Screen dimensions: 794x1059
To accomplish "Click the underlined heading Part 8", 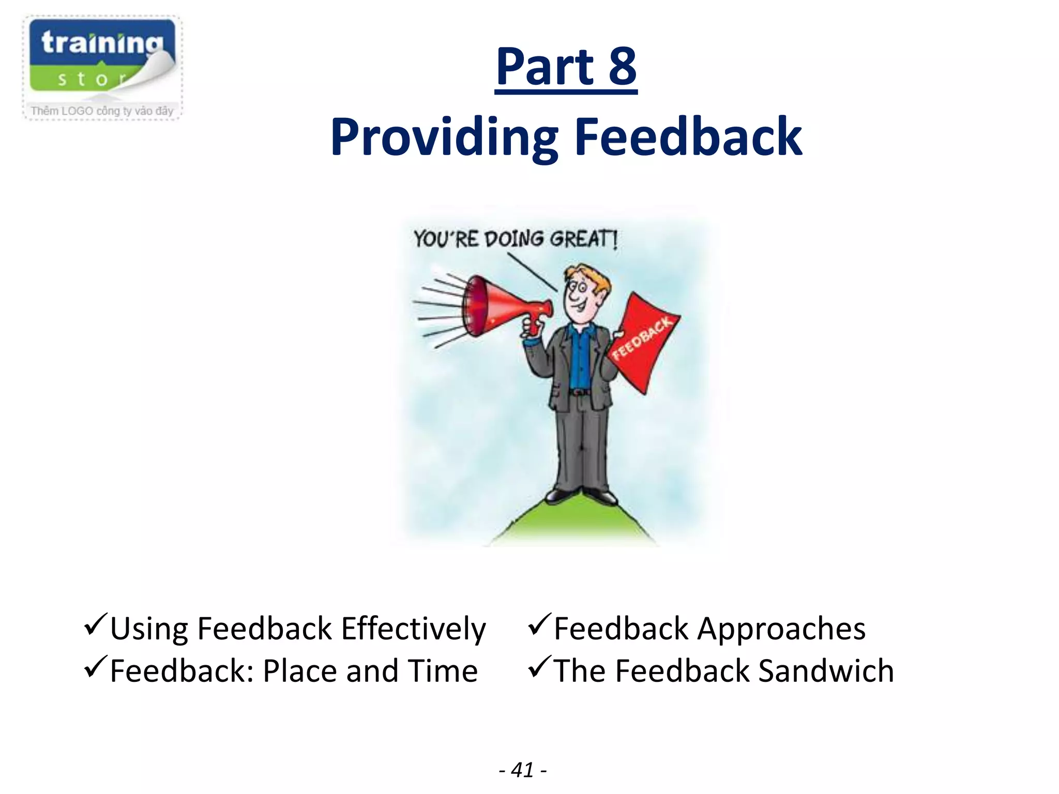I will click(x=566, y=67).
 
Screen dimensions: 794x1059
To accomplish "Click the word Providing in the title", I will click(x=444, y=138).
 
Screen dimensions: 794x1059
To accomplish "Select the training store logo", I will click(x=102, y=58).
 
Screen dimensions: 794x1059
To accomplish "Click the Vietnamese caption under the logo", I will click(x=102, y=111).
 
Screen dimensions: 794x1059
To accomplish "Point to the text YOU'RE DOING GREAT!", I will click(x=515, y=239).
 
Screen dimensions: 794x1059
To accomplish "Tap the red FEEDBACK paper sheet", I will click(x=644, y=341).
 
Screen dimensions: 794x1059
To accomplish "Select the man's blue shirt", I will click(x=580, y=357).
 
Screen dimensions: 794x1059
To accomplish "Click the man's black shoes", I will click(x=582, y=495).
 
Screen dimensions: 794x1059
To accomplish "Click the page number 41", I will click(x=522, y=770).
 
